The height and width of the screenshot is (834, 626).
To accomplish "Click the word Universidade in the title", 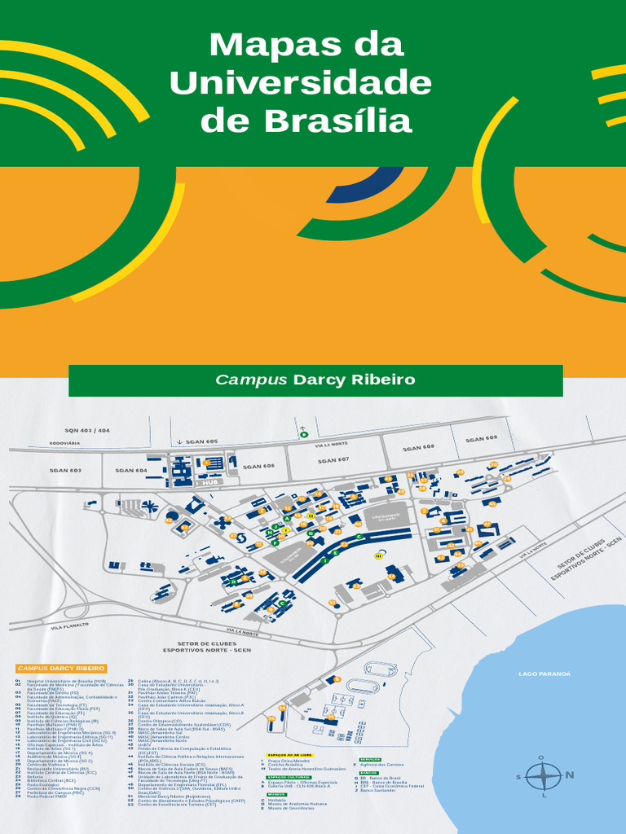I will (301, 82).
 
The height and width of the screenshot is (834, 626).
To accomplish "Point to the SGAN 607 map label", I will (333, 460).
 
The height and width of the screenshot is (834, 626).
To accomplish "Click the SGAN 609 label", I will (481, 439).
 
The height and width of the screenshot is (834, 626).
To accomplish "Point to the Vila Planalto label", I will (68, 627).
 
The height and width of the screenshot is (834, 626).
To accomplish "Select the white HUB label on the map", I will (213, 482).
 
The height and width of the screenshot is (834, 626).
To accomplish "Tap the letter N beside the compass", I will (570, 775).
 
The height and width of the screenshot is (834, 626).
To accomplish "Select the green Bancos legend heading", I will (368, 773).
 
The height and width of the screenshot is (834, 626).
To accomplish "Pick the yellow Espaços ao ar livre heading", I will (288, 755).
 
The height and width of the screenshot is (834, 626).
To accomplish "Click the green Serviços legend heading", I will (369, 759).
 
